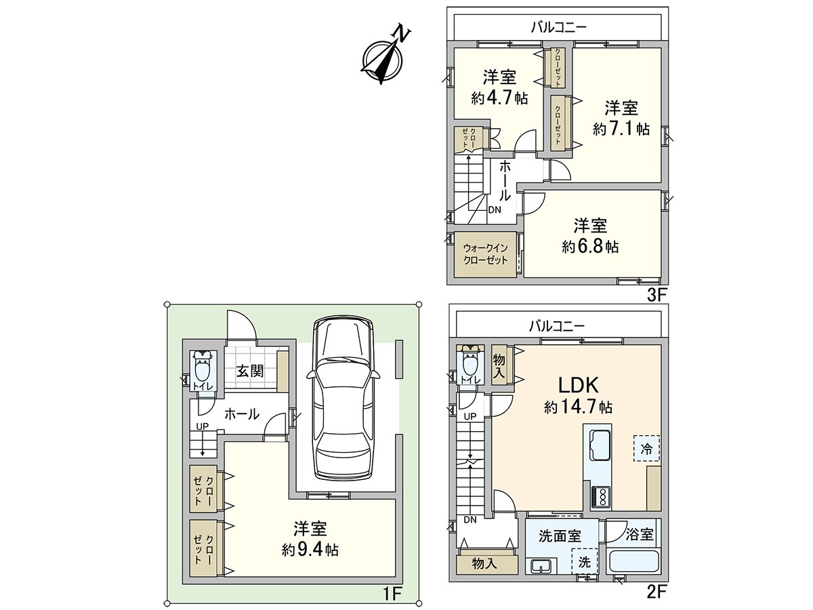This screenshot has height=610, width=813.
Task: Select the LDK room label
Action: [x=577, y=386]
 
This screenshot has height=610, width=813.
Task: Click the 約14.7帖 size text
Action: [x=578, y=407]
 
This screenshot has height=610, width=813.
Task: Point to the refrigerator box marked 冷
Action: [x=647, y=448]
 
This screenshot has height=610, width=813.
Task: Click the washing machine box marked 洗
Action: [x=584, y=561]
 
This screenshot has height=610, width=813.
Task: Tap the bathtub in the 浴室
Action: [x=635, y=562]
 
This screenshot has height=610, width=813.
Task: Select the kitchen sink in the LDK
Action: [x=599, y=446]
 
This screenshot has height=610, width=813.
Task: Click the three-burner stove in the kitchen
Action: [x=600, y=497]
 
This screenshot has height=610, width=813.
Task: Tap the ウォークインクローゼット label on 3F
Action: [x=485, y=254]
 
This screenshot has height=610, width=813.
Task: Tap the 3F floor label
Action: [x=657, y=296]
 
